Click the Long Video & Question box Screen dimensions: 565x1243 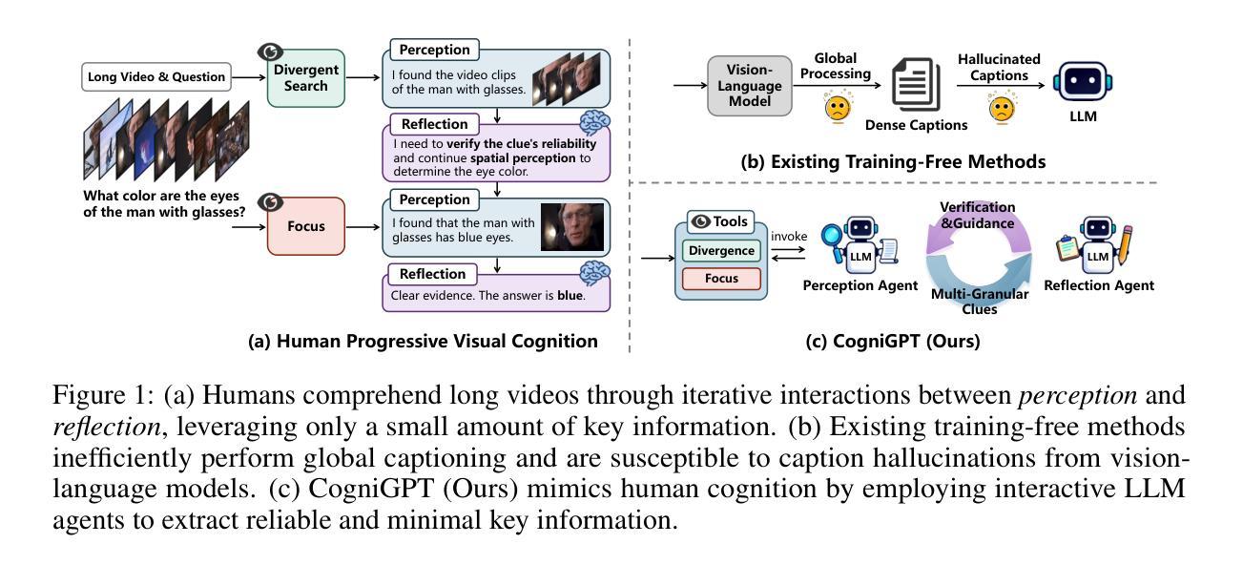point(156,77)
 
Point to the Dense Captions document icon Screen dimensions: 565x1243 point(917,87)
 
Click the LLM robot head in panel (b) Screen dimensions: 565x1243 point(1083,82)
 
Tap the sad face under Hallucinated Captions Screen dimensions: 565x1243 point(1001,108)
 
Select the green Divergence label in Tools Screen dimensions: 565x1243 point(720,251)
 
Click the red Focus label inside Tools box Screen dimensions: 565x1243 point(720,279)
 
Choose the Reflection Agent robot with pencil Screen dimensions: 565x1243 point(1097,247)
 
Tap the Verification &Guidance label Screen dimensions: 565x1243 point(977,215)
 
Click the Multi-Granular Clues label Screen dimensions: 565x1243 point(979,302)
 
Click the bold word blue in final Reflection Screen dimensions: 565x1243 point(570,296)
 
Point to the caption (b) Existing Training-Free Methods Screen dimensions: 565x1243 point(893,161)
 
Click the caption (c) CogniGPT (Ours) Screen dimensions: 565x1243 point(893,341)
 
